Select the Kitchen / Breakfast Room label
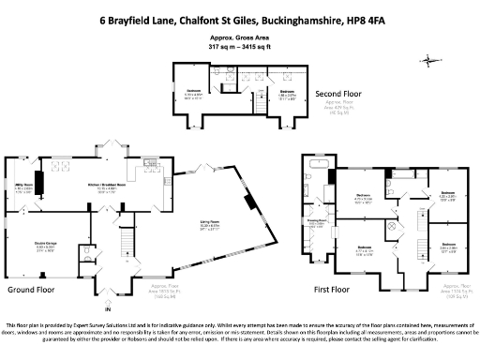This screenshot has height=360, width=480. click(x=110, y=187)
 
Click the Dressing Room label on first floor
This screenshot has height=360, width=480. click(x=318, y=224)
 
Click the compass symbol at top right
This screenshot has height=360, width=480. click(x=430, y=60)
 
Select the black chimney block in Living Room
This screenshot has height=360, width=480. click(x=249, y=202)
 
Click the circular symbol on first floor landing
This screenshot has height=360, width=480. click(x=392, y=232)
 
